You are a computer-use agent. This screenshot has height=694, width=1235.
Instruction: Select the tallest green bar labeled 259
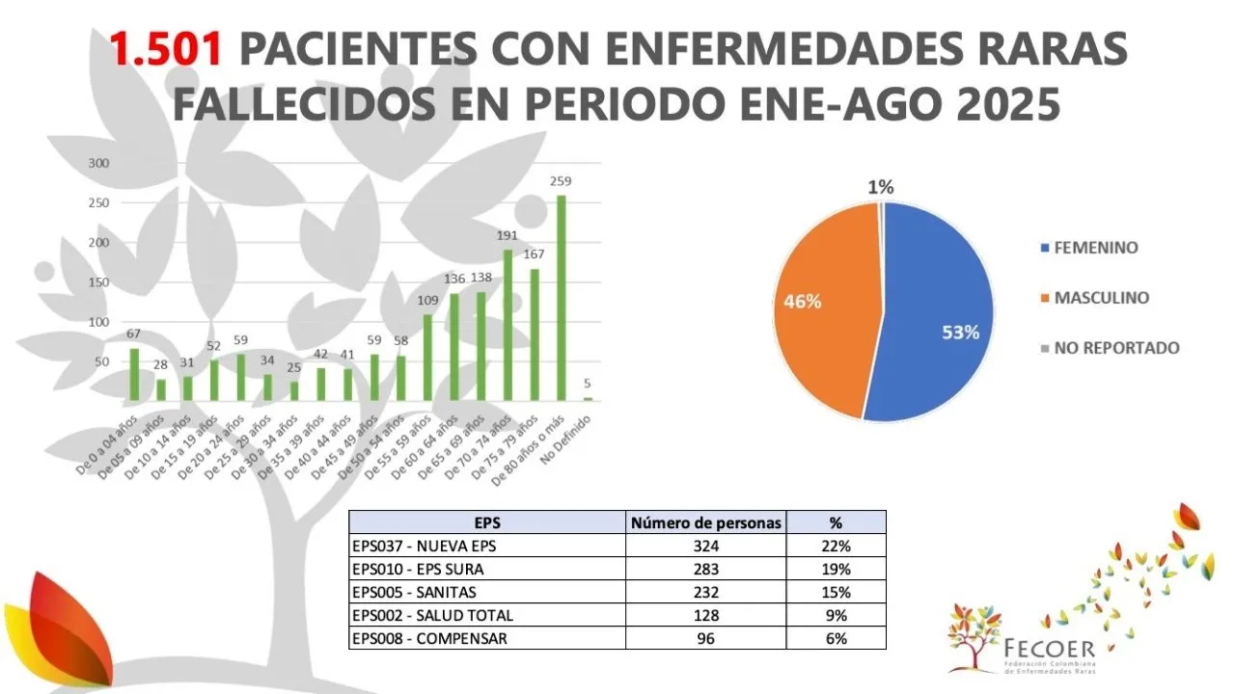(561, 298)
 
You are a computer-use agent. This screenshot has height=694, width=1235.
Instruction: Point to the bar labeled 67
(134, 374)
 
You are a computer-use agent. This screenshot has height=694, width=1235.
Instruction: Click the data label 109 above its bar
(427, 300)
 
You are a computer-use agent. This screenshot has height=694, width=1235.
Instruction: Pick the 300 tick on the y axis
(98, 163)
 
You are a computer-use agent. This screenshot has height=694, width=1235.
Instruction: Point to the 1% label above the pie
(880, 187)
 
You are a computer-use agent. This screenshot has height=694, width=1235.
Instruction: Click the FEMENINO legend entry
(1096, 248)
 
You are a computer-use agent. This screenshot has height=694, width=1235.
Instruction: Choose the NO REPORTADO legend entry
(1117, 348)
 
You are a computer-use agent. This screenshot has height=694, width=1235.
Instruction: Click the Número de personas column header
(706, 523)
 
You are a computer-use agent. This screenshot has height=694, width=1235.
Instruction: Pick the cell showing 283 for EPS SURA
(706, 569)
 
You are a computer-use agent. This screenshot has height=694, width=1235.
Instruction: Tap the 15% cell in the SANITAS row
(836, 592)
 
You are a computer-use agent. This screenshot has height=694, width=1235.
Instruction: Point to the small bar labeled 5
(588, 398)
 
